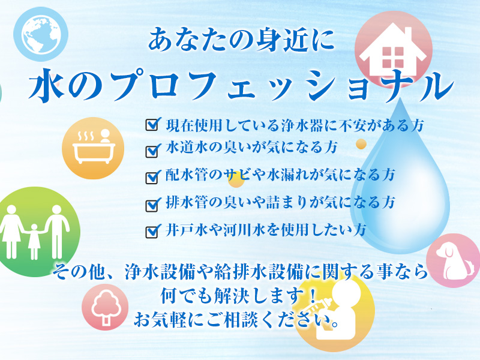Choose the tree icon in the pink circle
[x=105, y=307]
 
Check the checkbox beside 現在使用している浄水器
[x=152, y=125]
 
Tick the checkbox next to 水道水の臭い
[x=152, y=148]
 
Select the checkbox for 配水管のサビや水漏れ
[x=152, y=177]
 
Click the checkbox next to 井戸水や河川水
[x=152, y=231]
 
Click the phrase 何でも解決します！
[x=239, y=295]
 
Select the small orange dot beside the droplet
[x=361, y=144]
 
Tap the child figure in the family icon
[x=33, y=238]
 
